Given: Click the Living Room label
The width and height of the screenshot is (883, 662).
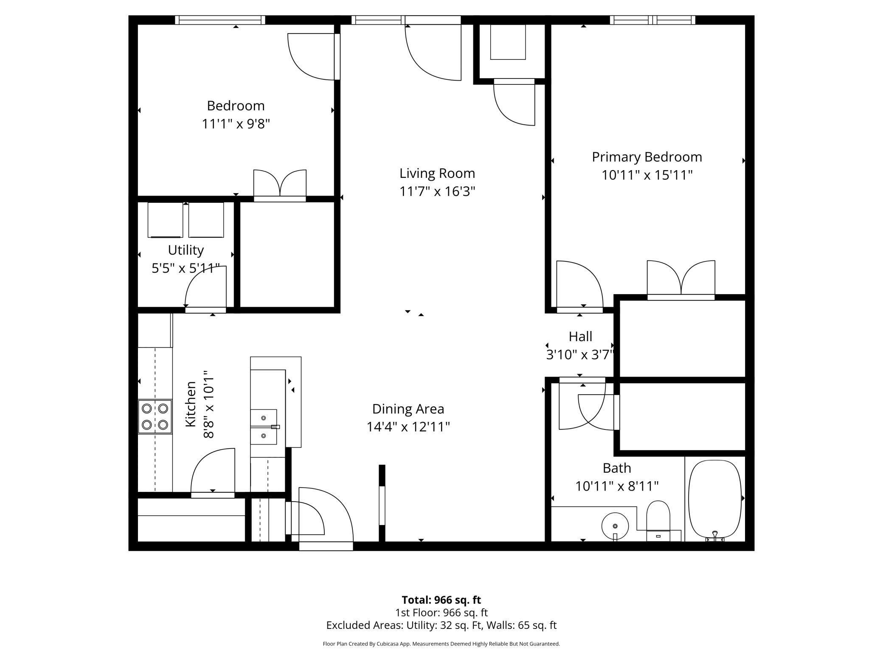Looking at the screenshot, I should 437,174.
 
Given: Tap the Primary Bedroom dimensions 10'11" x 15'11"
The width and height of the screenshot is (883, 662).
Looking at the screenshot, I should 647,175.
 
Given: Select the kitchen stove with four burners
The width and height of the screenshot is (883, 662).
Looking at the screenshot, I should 155,417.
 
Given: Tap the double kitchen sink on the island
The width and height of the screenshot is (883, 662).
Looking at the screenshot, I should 264,426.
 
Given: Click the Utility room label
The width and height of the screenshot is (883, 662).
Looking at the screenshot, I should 186,250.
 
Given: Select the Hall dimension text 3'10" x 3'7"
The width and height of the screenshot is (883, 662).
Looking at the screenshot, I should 580,355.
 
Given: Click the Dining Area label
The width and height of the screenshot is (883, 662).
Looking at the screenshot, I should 408,409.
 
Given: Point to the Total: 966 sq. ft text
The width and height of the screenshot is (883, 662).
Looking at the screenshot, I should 441,600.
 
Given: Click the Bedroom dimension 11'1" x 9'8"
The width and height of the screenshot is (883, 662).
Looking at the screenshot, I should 236,124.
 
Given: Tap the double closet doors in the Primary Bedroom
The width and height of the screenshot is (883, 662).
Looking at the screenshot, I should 681,279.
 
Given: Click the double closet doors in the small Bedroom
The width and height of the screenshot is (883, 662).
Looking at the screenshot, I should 280,185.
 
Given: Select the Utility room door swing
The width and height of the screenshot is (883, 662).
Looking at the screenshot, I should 206,289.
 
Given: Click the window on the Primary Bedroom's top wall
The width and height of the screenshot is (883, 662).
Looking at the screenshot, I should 652,20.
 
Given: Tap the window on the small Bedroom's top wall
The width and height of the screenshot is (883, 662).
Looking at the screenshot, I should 220,20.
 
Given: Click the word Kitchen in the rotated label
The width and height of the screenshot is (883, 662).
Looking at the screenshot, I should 191,404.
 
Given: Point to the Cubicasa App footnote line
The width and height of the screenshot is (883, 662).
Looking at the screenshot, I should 441,644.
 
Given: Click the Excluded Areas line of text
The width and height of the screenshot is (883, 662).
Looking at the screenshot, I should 441,625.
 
